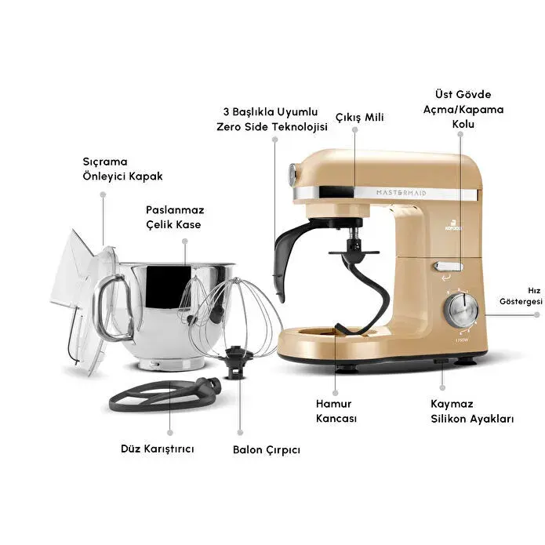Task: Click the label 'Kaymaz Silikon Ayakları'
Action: [x=471, y=411]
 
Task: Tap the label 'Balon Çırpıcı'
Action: [x=266, y=450]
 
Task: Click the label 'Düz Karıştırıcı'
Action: [x=157, y=449]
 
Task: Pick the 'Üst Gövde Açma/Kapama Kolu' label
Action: [x=470, y=109]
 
